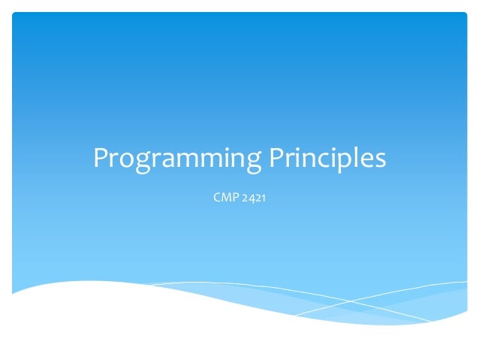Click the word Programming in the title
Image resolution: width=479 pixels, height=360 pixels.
pyautogui.click(x=175, y=159)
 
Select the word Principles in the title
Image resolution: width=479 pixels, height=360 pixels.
pyautogui.click(x=326, y=159)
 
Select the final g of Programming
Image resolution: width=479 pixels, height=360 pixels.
pyautogui.click(x=249, y=163)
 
